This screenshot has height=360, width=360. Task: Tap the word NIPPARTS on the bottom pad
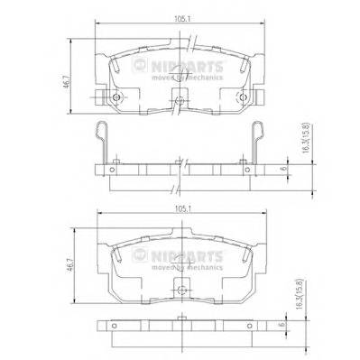(x=182, y=254)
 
